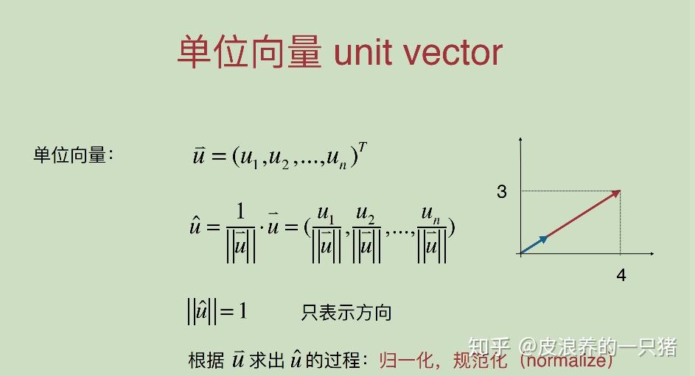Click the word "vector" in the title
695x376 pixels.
456,52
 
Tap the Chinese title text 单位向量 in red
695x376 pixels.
249,52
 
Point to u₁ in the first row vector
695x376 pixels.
246,157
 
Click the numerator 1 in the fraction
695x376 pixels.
240,211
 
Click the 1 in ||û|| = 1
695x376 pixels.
242,311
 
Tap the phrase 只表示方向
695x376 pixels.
346,313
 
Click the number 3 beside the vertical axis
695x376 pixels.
502,192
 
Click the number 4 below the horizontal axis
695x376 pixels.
621,275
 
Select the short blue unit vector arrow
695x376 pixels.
534,244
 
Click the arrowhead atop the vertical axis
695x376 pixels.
520,139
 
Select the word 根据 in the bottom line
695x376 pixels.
206,361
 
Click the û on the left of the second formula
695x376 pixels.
195,227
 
